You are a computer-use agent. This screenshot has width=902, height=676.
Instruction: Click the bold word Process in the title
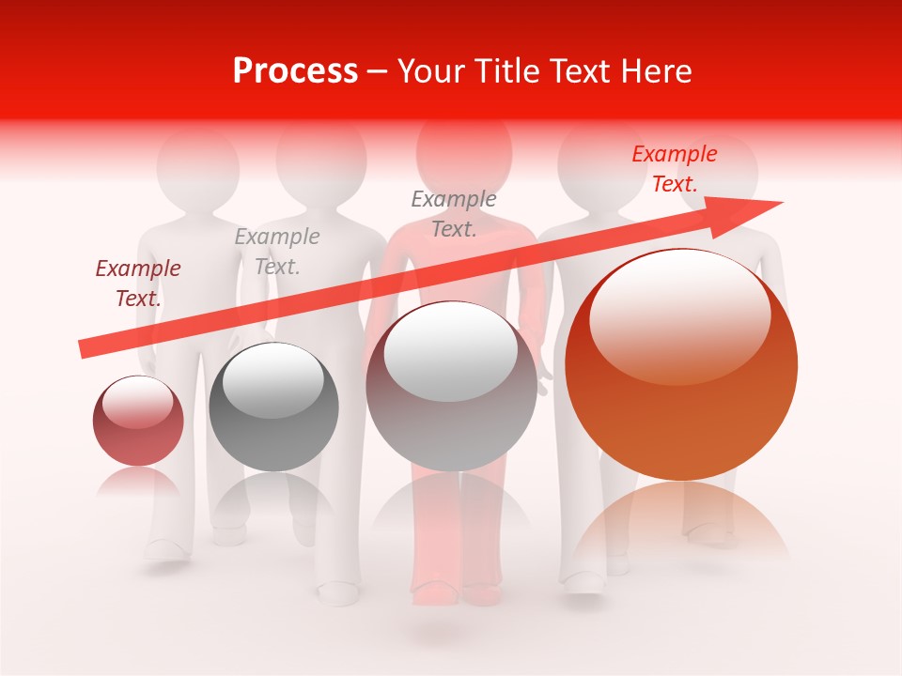pos(295,71)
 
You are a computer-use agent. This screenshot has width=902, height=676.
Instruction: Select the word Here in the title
pos(656,71)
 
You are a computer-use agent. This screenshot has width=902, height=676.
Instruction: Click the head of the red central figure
pos(464,150)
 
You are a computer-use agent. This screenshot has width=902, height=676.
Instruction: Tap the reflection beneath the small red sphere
pos(138,483)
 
